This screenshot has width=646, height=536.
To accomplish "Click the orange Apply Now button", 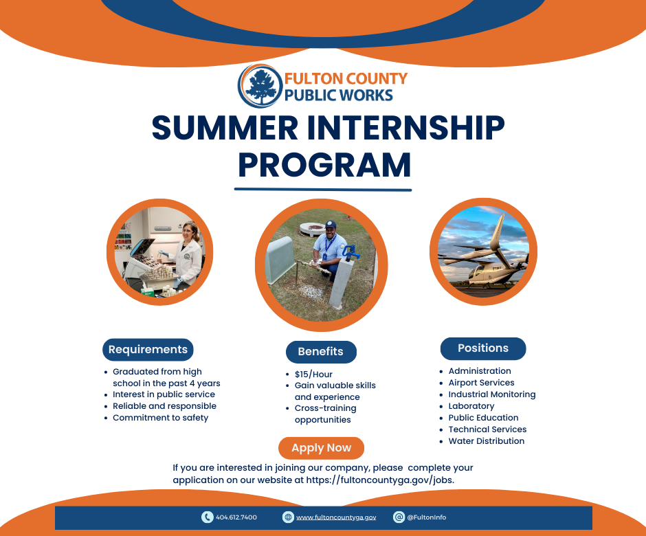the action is click(x=321, y=448).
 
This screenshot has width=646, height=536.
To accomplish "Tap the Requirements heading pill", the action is click(x=148, y=349).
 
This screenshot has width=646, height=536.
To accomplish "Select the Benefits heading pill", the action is click(x=321, y=352).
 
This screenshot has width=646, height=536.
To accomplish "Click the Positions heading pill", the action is click(x=483, y=348).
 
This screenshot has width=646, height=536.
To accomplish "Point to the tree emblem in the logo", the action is click(x=259, y=86).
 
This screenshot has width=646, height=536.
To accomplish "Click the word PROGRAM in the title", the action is click(x=324, y=165).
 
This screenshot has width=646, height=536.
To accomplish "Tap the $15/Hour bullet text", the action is click(x=313, y=374).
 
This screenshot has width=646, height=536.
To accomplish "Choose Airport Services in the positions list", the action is click(x=481, y=383).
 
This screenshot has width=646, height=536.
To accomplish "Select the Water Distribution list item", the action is click(x=486, y=441).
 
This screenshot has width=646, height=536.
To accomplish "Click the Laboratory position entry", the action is click(x=471, y=406).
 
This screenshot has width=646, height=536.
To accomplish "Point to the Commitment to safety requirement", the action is click(x=160, y=418).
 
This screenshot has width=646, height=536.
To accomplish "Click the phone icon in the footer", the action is click(x=208, y=517).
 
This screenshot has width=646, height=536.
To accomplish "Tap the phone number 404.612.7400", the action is click(x=236, y=517).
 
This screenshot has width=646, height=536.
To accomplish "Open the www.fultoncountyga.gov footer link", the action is click(x=336, y=517).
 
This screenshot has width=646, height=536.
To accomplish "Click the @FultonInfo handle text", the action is click(x=426, y=517).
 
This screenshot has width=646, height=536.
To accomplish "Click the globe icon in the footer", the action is click(x=288, y=517).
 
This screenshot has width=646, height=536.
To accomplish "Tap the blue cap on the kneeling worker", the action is click(x=331, y=224).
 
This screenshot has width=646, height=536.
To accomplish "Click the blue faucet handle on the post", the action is click(x=350, y=252).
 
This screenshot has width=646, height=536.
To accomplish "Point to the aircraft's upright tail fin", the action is click(x=498, y=232).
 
